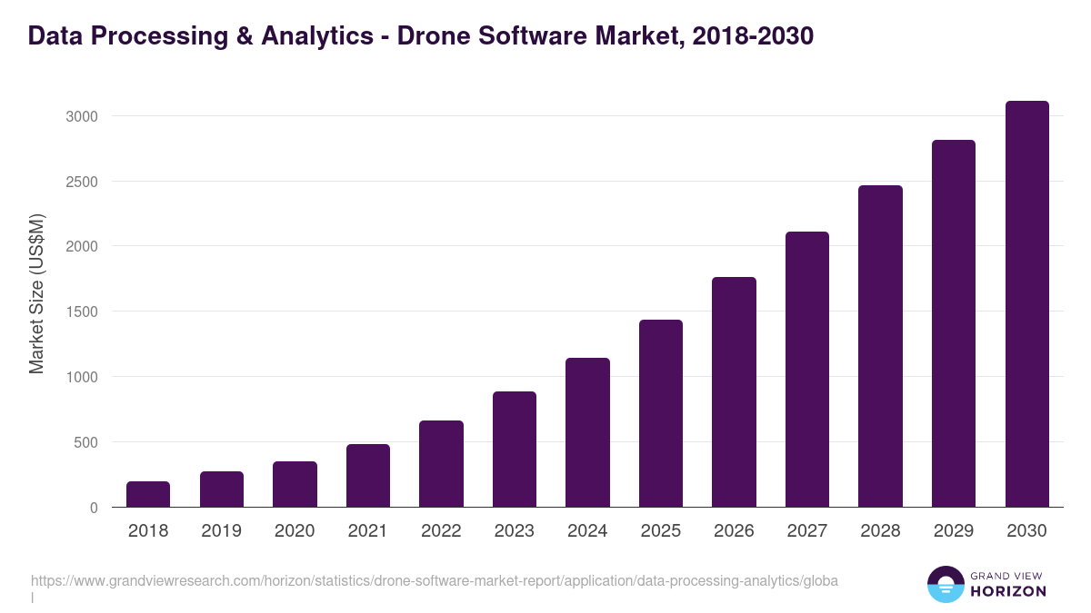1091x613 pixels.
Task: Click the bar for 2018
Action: [x=148, y=494]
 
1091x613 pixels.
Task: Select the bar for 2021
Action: [x=368, y=475]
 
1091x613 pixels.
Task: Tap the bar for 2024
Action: [x=587, y=432]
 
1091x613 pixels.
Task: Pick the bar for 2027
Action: [x=807, y=369]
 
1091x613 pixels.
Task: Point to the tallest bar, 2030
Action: [x=1026, y=303]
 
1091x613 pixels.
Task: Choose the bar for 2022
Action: [x=441, y=463]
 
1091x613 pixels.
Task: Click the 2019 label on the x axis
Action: [x=222, y=531]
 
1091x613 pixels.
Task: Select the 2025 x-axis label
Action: [x=661, y=531]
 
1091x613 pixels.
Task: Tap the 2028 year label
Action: [x=880, y=531]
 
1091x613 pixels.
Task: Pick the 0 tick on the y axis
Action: [x=93, y=508]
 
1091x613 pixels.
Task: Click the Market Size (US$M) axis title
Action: [x=36, y=293]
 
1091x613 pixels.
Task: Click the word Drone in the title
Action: [x=433, y=36]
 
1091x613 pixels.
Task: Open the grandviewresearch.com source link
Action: [x=435, y=580]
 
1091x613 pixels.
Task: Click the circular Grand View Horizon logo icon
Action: [x=946, y=584]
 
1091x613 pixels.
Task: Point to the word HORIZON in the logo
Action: [x=1009, y=591]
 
